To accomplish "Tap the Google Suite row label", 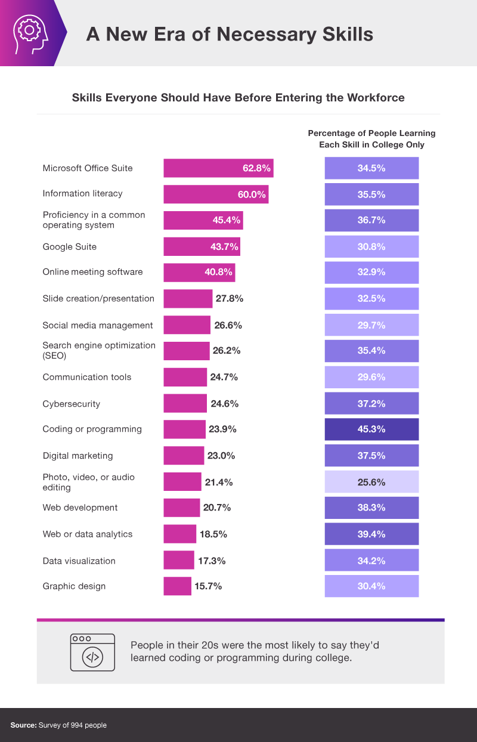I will coord(69,247).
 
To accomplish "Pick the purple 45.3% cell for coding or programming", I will coord(371,429).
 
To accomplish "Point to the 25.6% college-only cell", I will coord(371,482).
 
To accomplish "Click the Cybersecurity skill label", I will coord(71,404).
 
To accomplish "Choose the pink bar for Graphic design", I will coord(177,586).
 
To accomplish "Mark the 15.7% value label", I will coord(208,586).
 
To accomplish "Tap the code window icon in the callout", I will coord(92,652).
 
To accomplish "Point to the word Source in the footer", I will coord(23,725).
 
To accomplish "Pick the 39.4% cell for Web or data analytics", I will coord(371,534).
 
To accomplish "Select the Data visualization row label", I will coord(79,561).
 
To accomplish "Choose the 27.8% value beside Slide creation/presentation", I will coord(229,299).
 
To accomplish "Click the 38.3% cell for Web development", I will coord(371,508).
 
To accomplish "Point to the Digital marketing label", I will coord(78,456).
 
